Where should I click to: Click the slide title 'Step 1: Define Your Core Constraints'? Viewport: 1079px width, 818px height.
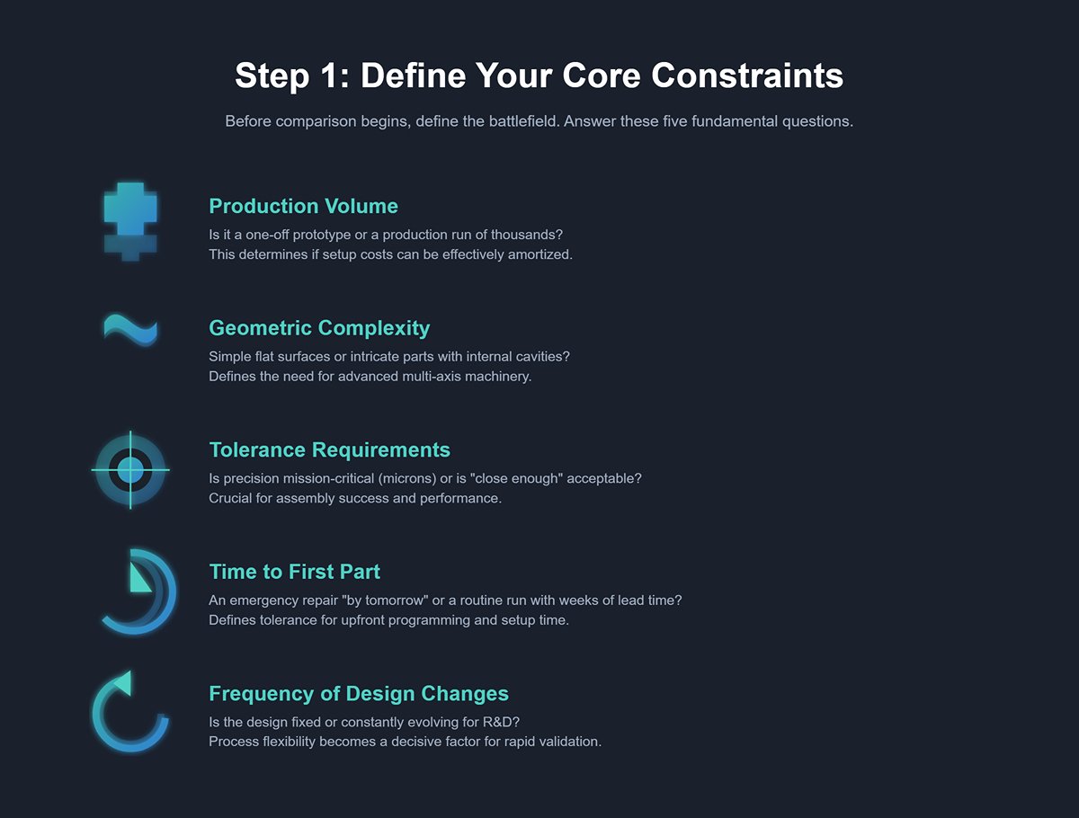[x=539, y=76]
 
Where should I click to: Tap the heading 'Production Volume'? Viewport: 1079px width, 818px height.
[x=303, y=206]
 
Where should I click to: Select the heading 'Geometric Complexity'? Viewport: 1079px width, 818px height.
[x=319, y=328]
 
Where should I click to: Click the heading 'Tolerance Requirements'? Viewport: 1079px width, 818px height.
[x=329, y=449]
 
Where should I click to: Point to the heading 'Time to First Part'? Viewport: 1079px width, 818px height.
[x=294, y=572]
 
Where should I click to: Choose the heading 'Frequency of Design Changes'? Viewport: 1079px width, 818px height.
[x=359, y=694]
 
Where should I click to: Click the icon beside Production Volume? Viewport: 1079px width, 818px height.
[x=130, y=221]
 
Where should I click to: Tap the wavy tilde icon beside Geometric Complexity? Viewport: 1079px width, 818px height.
[x=130, y=329]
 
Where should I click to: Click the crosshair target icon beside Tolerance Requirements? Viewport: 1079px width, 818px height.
[x=130, y=468]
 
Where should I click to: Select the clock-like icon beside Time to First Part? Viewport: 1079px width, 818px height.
[x=137, y=591]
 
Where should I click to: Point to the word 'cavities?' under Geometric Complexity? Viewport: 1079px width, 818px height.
[x=541, y=357]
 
